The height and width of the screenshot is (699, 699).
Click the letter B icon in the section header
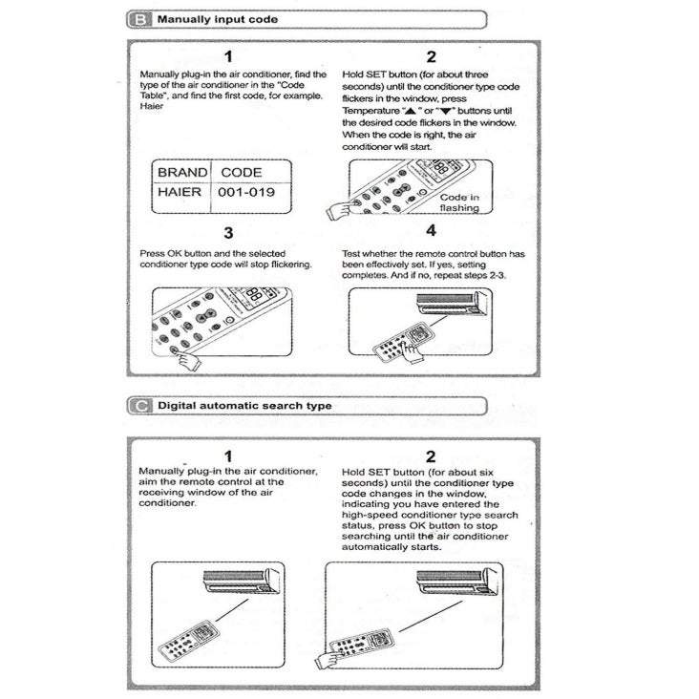click(x=139, y=19)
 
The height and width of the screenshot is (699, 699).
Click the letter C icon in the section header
click(x=139, y=405)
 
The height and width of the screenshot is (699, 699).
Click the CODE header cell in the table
click(x=242, y=173)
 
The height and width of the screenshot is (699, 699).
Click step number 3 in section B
click(x=228, y=232)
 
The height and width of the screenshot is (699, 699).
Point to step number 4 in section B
click(x=432, y=230)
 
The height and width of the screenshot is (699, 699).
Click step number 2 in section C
click(x=432, y=455)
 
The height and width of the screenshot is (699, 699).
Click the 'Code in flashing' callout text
click(x=459, y=202)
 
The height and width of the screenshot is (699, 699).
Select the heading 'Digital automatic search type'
click(x=244, y=405)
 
